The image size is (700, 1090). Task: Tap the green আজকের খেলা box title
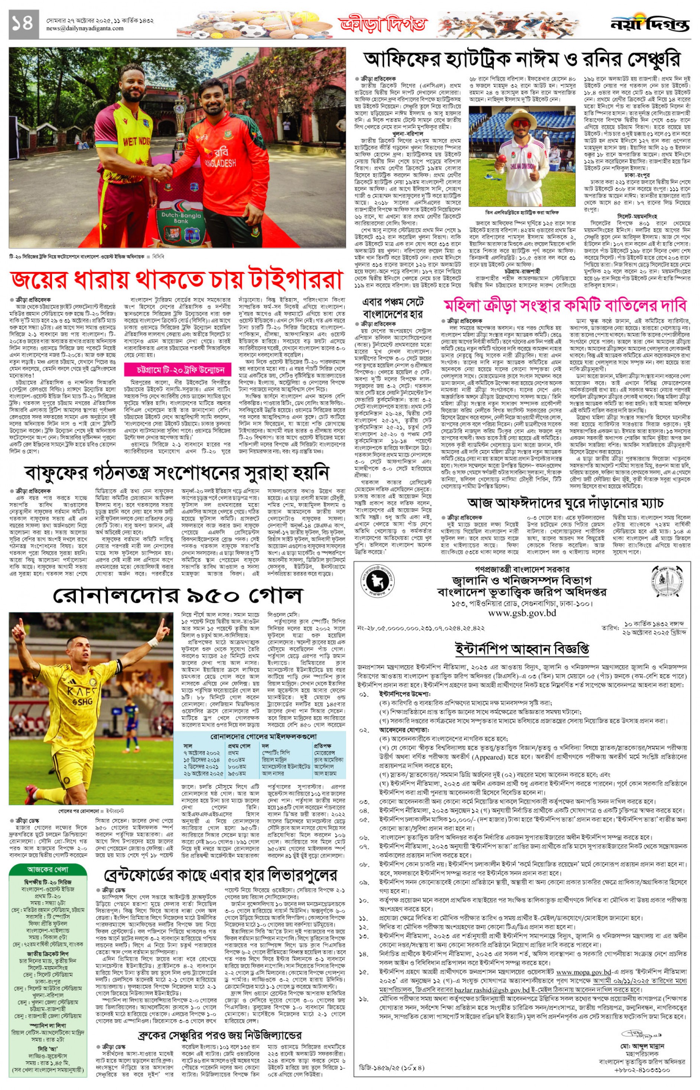(48, 869)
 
